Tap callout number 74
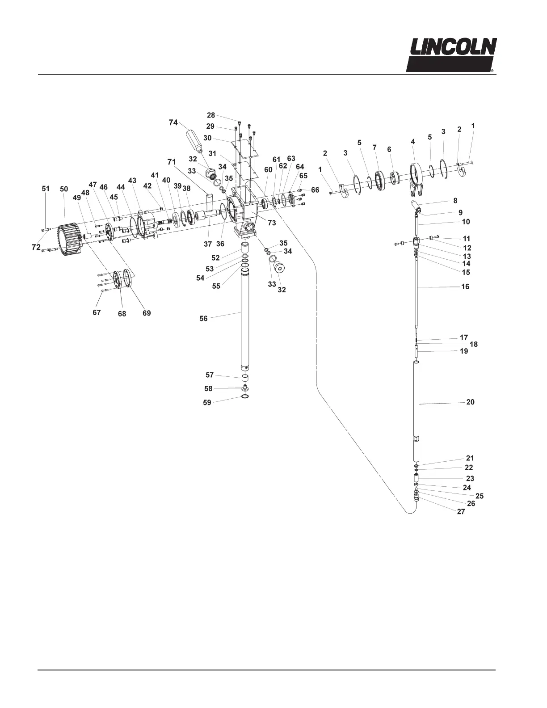pos(173,122)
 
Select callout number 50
pos(64,189)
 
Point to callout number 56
pos(203,319)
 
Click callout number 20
pos(470,402)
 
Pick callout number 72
pos(36,247)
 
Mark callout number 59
pos(207,403)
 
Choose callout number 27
pos(461,512)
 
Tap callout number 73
pos(272,223)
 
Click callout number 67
pos(97,312)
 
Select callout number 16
pos(465,287)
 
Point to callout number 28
pos(211,115)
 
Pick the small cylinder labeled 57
pos(245,379)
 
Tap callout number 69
pos(147,313)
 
